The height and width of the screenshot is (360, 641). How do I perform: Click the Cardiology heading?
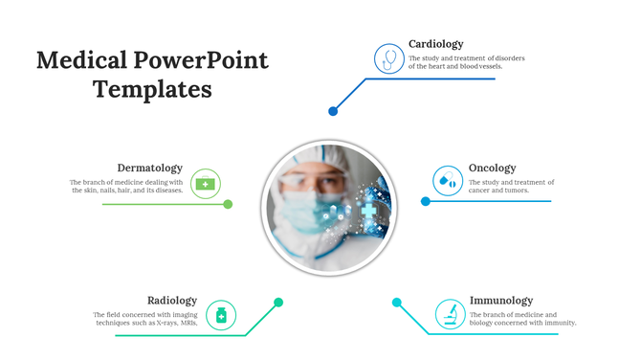[435, 44]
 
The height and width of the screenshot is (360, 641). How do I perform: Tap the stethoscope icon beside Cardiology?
[388, 58]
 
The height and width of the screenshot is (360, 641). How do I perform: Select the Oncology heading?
[492, 169]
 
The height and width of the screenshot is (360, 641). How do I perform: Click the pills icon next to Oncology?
[446, 180]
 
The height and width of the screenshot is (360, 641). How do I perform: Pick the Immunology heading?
[500, 301]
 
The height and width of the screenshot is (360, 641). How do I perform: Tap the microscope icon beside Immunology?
[449, 314]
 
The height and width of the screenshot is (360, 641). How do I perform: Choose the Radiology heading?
[172, 301]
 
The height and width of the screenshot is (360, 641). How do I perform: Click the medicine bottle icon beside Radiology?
[222, 314]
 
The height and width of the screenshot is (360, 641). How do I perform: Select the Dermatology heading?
[149, 169]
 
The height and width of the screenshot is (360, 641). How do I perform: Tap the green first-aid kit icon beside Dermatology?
[206, 182]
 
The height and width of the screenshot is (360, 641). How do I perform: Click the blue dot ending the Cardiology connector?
[333, 111]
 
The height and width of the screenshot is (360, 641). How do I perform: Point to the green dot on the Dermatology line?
[228, 204]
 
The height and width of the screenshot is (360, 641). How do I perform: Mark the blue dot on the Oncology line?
[426, 201]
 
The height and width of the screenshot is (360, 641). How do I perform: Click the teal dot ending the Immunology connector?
[396, 303]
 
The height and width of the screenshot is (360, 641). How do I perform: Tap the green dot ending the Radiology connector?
[278, 303]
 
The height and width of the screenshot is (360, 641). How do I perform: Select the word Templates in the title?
[152, 90]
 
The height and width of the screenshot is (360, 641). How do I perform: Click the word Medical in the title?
[79, 61]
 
